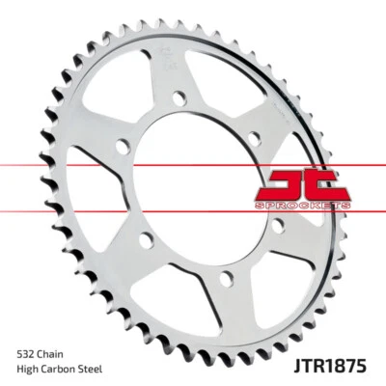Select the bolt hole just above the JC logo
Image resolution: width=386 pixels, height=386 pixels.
pyautogui.click(x=253, y=137)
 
